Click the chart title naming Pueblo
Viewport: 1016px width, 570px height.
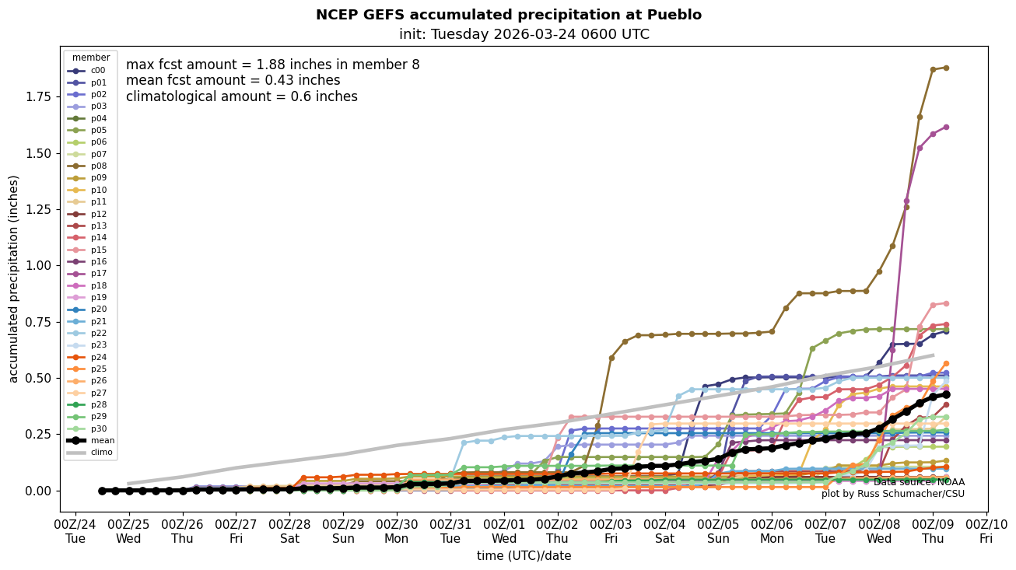[x=508, y=15]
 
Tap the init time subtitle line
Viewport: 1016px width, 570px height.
[x=524, y=34]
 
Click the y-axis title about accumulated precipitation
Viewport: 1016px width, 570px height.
[x=14, y=278]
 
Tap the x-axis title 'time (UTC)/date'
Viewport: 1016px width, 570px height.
[x=524, y=556]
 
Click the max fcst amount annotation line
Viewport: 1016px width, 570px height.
[x=272, y=65]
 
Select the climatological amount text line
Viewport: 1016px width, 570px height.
[x=241, y=97]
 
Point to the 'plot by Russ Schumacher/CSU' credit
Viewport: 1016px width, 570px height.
[x=892, y=494]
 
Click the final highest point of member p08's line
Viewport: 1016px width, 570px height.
[x=946, y=68]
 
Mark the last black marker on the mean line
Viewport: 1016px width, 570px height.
[x=946, y=394]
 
